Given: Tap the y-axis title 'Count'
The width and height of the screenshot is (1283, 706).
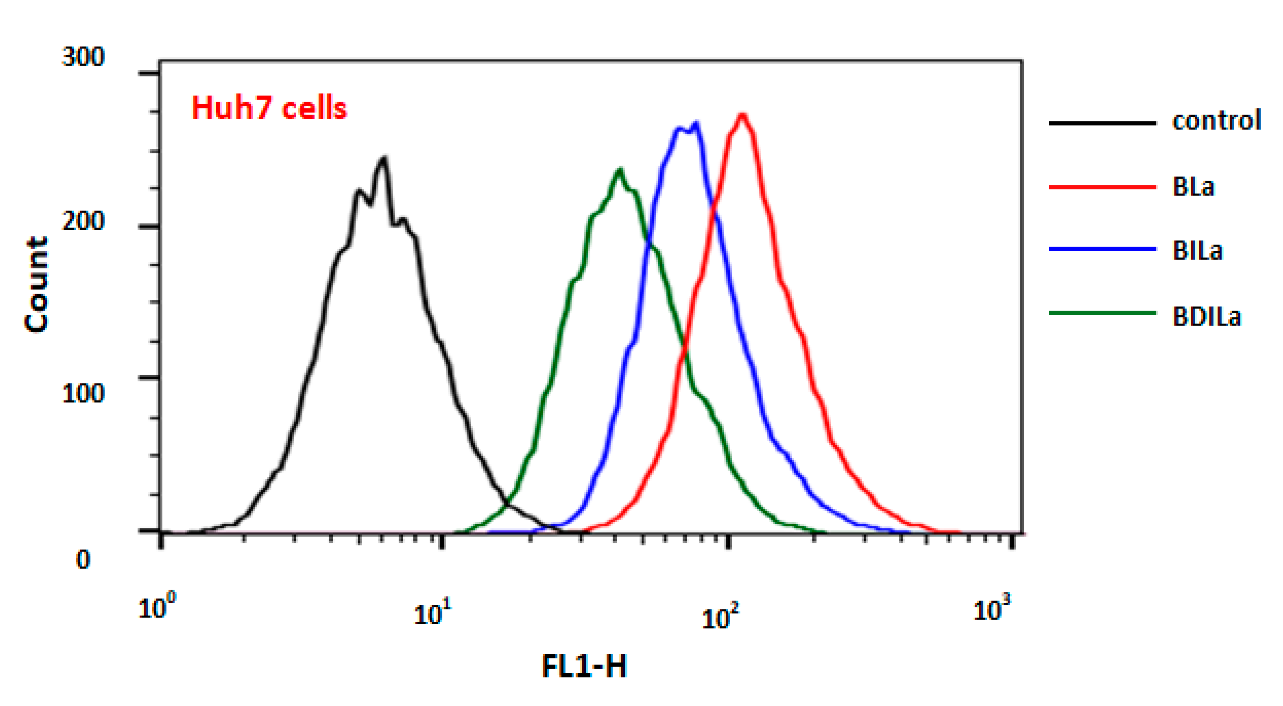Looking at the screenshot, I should coord(37,284).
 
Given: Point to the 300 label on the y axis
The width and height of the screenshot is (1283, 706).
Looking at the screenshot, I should coord(83,56).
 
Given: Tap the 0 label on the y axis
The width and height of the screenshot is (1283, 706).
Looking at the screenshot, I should coord(83,559).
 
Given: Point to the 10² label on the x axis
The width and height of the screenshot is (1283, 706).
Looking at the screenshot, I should coord(720,618).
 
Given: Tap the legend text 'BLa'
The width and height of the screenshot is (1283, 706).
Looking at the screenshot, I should coord(1193,187).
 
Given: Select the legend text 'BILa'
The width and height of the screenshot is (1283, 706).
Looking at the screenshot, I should coord(1197,250).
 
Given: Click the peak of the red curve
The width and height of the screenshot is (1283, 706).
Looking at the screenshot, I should coord(742,115).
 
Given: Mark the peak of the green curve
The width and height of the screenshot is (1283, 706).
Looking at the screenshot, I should coord(619,170).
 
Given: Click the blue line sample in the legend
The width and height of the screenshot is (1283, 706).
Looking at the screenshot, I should coord(1102,249).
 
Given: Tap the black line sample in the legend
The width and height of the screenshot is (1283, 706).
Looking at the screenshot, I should coord(1102,123).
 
